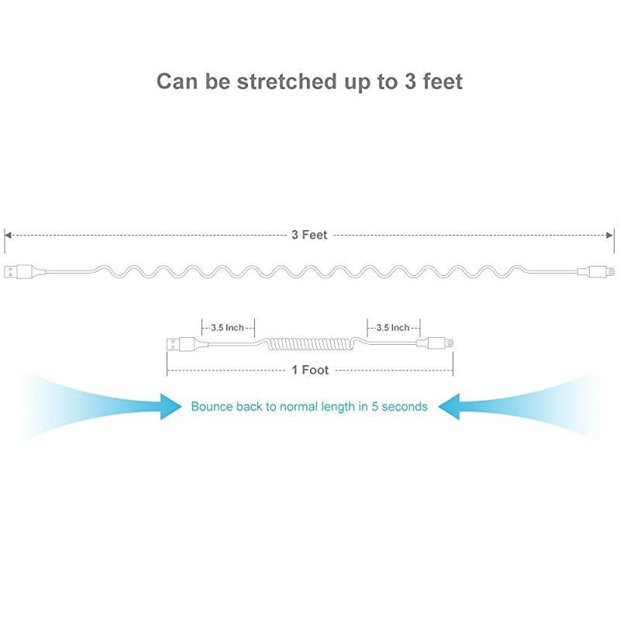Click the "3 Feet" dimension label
click(309, 235)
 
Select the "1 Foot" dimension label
click(310, 370)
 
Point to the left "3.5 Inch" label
click(228, 328)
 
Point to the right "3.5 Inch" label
click(393, 328)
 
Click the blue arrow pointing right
click(169, 405)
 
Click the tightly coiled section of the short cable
click(310, 343)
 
